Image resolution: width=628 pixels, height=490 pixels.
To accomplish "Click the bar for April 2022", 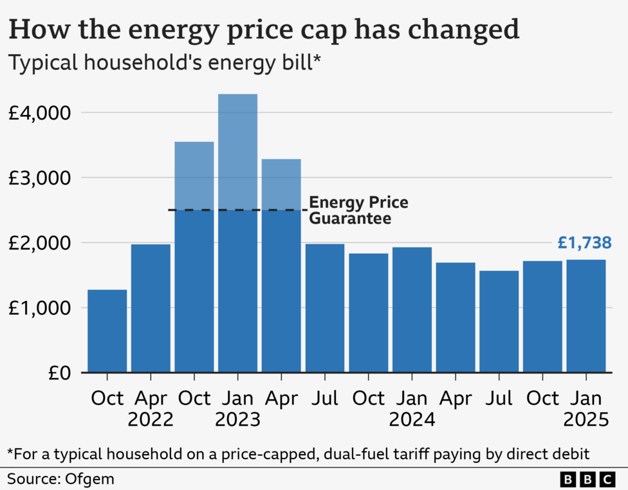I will coord(151,308).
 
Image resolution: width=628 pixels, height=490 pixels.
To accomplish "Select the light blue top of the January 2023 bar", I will coord(237,152).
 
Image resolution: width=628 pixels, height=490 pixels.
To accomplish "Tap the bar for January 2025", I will coord(586,316).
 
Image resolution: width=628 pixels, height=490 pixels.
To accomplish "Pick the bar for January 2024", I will coord(412,309).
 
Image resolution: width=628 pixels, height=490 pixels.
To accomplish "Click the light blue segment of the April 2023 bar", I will coord(281,184).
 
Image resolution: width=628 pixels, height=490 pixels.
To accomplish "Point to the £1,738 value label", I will coord(584,243).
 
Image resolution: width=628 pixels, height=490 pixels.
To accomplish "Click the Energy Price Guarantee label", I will coord(358,210).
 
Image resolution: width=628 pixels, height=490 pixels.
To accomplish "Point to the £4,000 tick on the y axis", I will coord(38,113).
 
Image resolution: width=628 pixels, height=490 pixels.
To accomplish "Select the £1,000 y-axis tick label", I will coord(38,308).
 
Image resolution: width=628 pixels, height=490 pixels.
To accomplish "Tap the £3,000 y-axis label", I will coord(38,177).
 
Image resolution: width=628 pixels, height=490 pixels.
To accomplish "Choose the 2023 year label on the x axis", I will coord(237,421).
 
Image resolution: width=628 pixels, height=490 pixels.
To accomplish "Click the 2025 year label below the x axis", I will coord(586,421).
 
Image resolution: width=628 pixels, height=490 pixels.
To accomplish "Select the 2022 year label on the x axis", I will coord(151,421).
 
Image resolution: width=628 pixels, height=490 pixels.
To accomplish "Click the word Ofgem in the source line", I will coord(80,478).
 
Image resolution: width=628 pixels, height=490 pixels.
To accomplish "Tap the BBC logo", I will coord(587,479).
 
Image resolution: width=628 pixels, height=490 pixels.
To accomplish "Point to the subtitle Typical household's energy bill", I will coord(164,64).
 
